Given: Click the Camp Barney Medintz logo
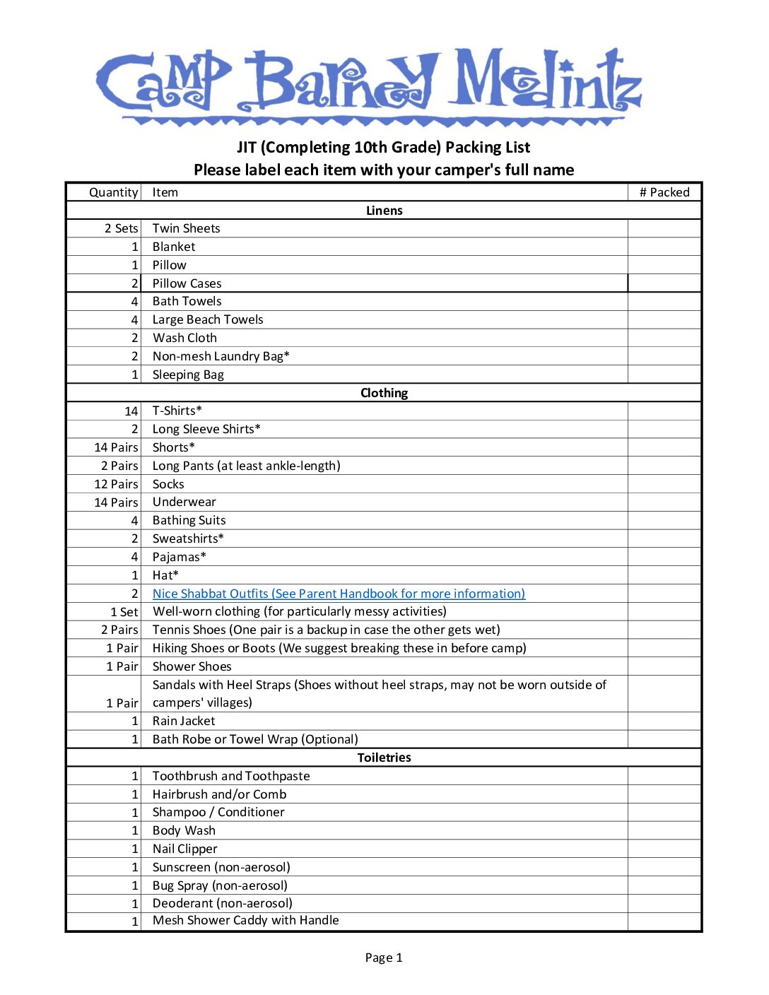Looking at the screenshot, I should (368, 83).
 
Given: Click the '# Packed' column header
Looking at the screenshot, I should (664, 192).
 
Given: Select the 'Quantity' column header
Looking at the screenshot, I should (113, 192).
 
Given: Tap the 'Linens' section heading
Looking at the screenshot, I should (384, 211).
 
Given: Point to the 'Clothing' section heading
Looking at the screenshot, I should (384, 393).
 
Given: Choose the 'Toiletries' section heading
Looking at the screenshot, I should (384, 758).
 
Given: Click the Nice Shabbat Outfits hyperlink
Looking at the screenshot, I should (339, 594).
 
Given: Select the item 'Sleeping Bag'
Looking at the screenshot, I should (188, 375).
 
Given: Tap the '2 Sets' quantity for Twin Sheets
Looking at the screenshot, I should (121, 228).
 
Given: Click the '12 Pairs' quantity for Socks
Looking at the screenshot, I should (116, 484).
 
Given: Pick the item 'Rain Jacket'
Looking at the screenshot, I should (184, 721).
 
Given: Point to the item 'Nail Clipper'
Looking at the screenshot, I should (184, 849).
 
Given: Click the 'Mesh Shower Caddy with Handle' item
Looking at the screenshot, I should (245, 920).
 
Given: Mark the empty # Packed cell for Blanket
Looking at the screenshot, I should (664, 247).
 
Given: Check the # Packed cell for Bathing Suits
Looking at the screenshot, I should (664, 520).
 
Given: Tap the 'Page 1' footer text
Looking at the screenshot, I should (384, 958).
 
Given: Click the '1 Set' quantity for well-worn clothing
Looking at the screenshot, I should (124, 612).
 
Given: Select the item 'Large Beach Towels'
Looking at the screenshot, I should (208, 319).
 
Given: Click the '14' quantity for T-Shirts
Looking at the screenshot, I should (131, 411).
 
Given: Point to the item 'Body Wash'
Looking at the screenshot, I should (184, 830).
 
